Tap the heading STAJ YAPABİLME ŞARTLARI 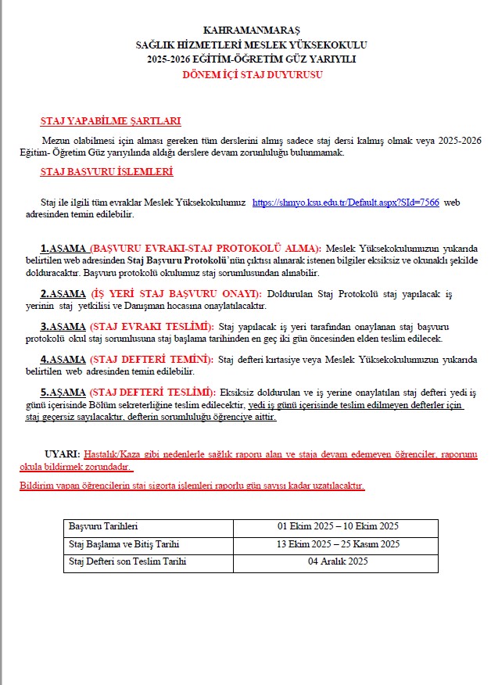[x=110, y=121]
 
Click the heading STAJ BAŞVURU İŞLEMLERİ [x=106, y=172]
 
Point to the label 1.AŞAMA [x=63, y=248]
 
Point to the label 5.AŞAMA [x=63, y=391]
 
